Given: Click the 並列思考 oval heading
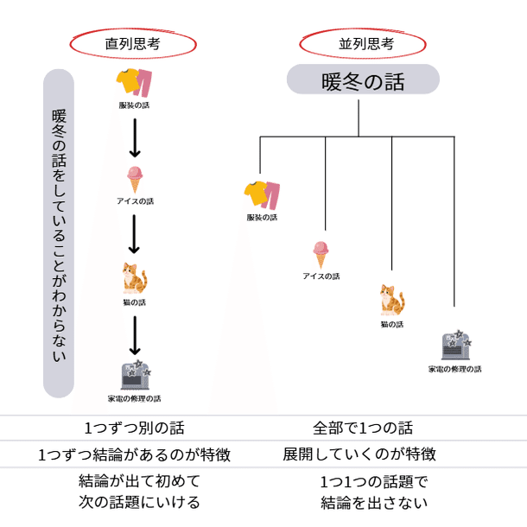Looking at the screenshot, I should click(362, 41).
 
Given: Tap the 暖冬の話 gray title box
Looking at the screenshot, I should click(363, 82).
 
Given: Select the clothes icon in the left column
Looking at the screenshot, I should click(134, 84).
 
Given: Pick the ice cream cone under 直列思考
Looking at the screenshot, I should click(135, 179).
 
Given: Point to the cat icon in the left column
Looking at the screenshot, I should click(135, 279).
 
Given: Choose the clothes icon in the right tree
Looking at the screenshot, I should click(262, 194).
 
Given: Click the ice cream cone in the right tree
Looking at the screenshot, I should click(321, 255).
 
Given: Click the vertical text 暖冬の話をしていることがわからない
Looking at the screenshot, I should click(59, 233).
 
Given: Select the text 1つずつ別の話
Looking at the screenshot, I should click(135, 428).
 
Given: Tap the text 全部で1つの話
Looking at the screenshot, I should click(363, 428).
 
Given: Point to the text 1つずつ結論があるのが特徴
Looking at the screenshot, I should click(135, 454).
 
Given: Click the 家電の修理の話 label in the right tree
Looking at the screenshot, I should click(455, 369).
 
